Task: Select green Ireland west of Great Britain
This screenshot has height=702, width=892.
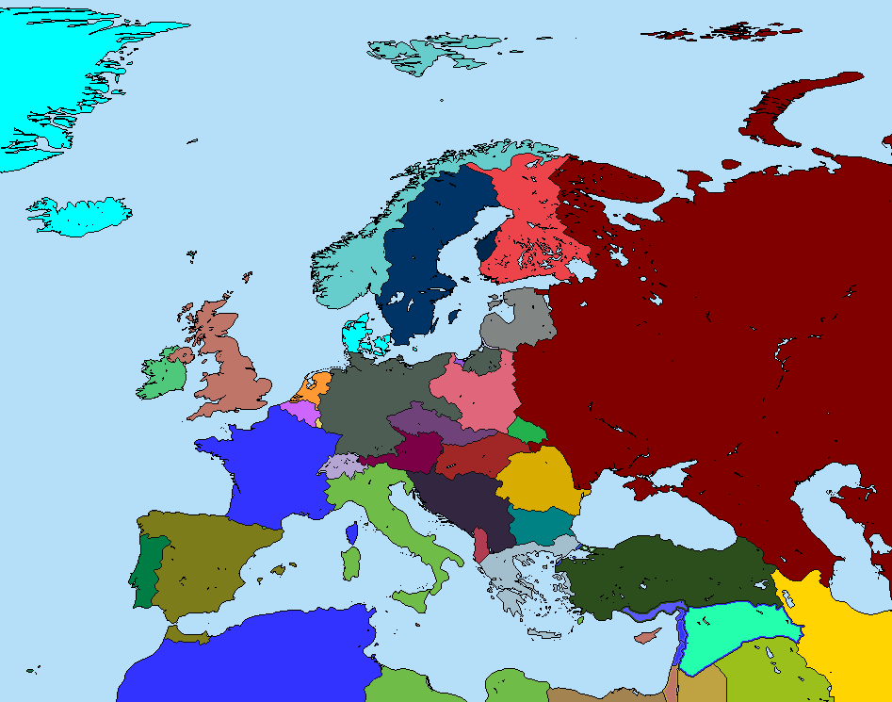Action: pos(162,377)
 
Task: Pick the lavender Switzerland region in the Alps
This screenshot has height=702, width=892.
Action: pos(341,465)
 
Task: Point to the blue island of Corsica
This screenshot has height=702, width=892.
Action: pos(351,533)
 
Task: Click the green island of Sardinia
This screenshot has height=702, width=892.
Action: pos(350,563)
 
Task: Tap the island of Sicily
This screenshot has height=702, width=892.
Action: pos(412,600)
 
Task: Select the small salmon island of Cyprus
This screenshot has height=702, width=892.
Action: pos(646,637)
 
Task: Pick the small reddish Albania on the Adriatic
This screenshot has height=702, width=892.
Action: pos(481,545)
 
